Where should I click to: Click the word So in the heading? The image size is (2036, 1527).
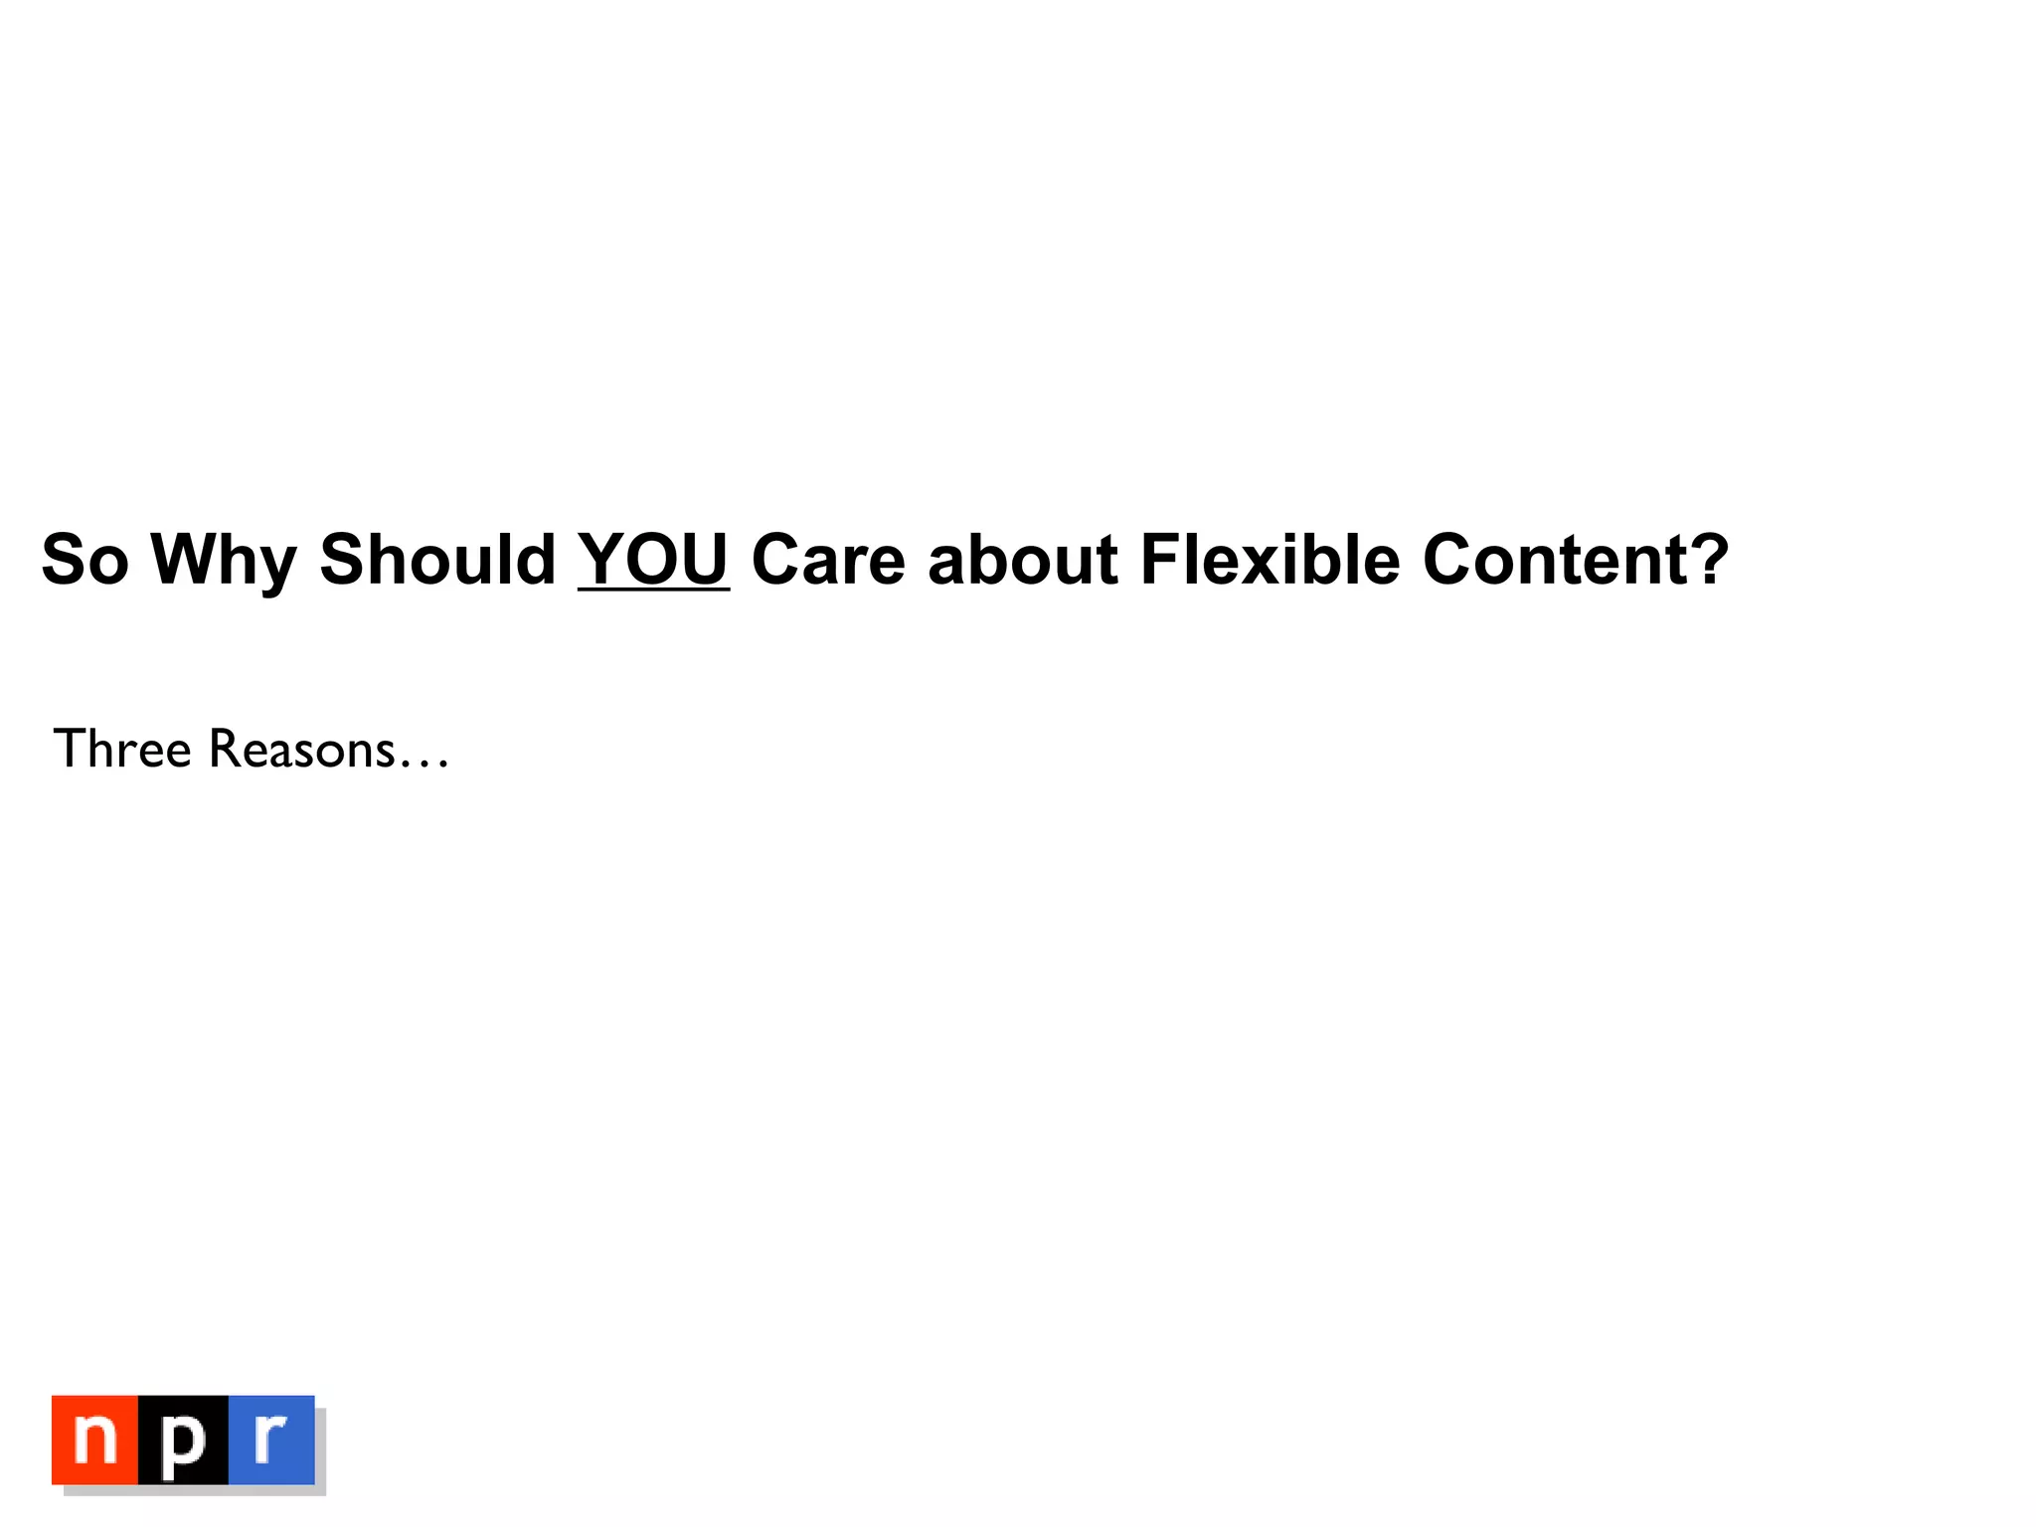coord(85,560)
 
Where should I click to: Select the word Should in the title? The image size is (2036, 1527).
coord(436,560)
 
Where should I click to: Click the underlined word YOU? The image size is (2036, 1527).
coord(653,560)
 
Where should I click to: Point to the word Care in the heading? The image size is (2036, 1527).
coord(828,560)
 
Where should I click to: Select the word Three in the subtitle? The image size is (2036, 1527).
coord(121,749)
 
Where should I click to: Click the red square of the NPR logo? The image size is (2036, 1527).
coord(94,1440)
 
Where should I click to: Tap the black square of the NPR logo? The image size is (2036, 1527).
coord(183,1440)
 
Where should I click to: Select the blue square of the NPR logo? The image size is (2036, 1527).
coord(271,1440)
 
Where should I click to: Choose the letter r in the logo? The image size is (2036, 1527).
coord(269,1437)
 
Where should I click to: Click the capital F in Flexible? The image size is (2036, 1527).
coord(1161,560)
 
